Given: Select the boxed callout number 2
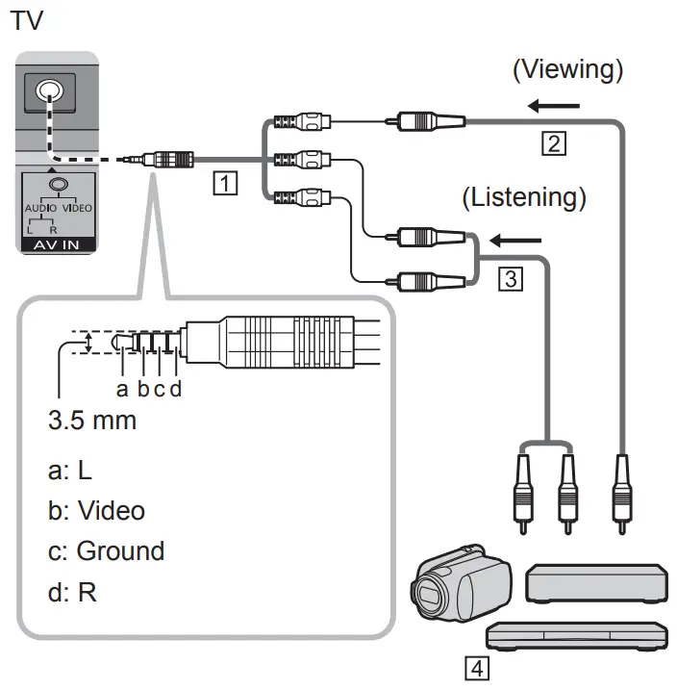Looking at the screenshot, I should click(552, 144).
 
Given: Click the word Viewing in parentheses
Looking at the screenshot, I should click(566, 69).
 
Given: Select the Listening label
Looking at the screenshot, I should click(524, 197).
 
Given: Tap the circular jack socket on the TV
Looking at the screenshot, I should click(46, 92).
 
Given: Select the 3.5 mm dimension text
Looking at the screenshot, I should click(92, 421).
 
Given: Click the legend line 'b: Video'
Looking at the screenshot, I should click(96, 509).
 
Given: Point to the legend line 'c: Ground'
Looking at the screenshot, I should click(106, 550).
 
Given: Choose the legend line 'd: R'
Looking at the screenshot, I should click(72, 592).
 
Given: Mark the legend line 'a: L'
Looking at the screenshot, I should click(69, 471).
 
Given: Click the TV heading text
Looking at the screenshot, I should click(26, 21).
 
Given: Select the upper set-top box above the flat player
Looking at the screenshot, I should click(596, 583).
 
